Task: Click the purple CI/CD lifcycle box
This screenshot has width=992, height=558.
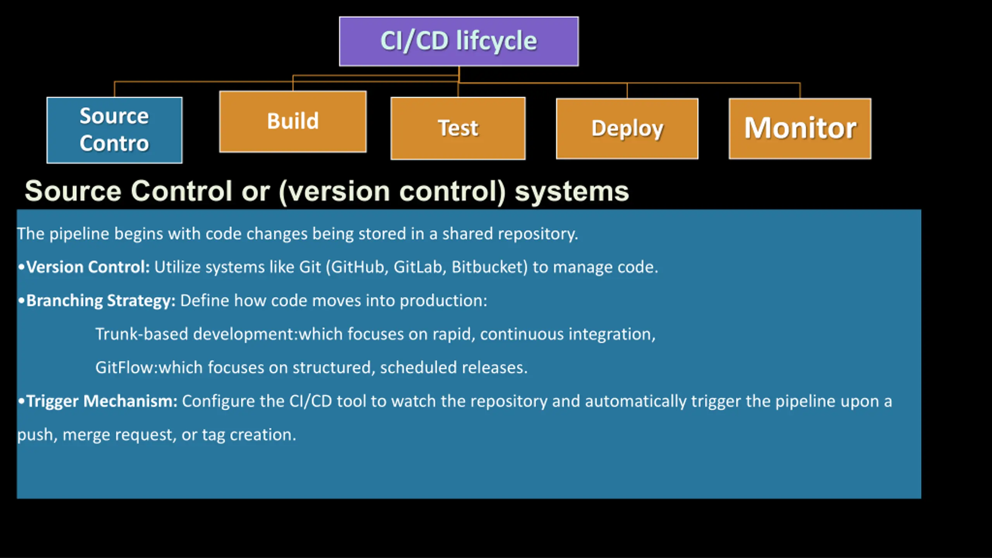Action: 459,41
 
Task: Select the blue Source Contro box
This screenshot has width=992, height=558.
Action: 114,130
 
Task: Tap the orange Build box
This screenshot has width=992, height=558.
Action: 293,121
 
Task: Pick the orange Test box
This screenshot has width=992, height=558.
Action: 458,128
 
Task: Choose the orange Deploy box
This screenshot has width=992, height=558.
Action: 627,129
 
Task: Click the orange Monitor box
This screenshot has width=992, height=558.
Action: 800,129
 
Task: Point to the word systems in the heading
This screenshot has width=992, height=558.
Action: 572,191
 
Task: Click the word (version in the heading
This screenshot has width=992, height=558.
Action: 334,191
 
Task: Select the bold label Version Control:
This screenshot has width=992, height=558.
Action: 88,267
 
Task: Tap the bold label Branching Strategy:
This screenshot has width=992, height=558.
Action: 101,301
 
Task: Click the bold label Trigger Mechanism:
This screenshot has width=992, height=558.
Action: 102,401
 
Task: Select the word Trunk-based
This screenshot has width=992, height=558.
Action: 142,334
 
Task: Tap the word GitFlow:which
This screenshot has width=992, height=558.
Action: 149,367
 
